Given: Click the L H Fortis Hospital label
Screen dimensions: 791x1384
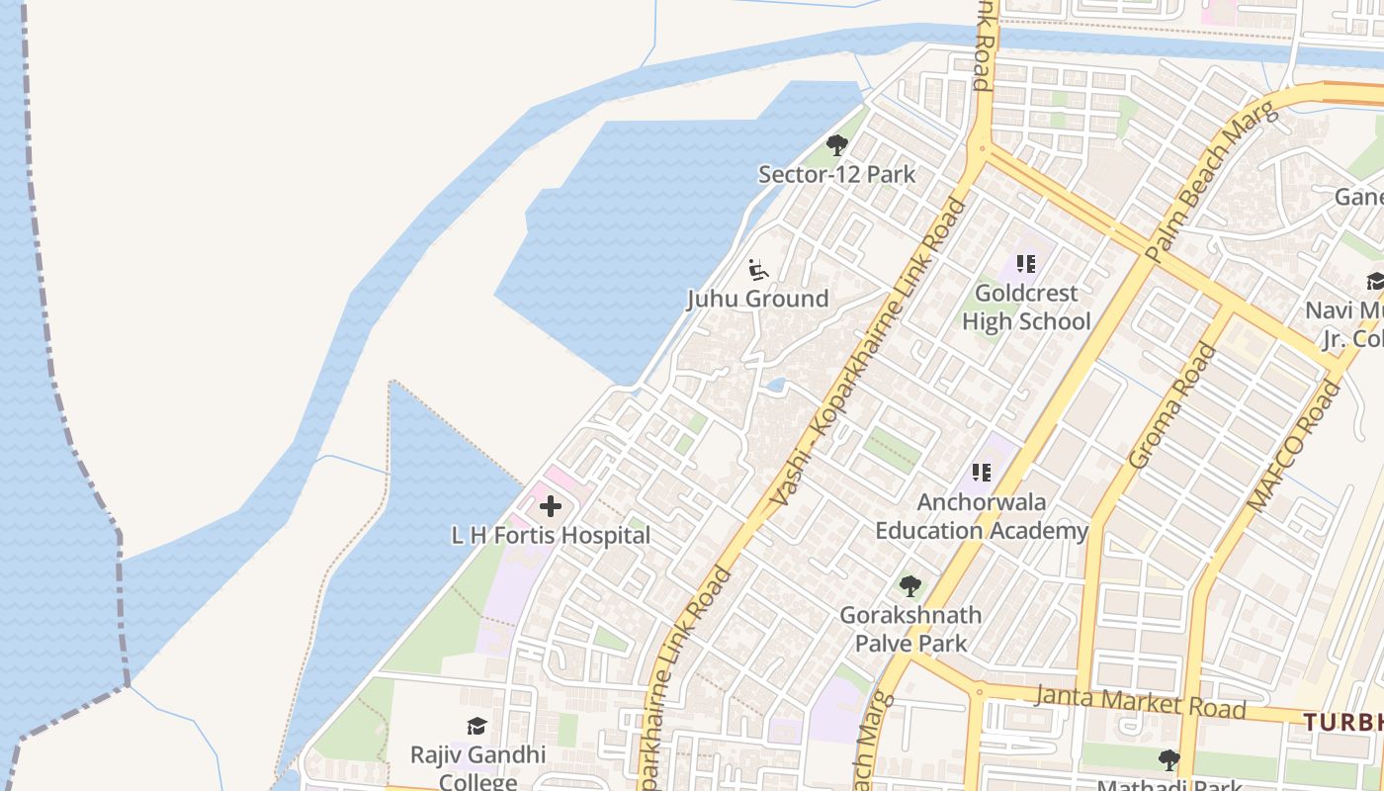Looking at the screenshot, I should coord(551,536).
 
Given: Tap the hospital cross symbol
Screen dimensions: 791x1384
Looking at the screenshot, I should coord(551,507).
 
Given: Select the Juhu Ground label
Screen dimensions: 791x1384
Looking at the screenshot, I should coord(757,299).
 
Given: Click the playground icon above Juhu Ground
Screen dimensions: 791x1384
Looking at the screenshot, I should coord(758,269).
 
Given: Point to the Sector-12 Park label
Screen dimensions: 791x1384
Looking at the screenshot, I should coord(836,175).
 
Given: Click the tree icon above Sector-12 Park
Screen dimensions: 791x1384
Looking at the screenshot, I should coord(837,146).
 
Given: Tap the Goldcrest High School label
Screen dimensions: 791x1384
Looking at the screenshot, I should coord(1026,308).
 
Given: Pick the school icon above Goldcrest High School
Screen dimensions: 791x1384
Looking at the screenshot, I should coord(1026,264).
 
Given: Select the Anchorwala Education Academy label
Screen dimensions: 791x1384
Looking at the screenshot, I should coord(982,516).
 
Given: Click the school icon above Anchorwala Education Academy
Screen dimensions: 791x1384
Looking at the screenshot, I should coord(981,473).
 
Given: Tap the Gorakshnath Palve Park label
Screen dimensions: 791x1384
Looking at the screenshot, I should coord(910,629).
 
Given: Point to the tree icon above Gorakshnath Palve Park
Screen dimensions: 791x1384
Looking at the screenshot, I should coord(910,586).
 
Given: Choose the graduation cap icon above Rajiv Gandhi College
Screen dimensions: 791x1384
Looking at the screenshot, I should coord(477,727).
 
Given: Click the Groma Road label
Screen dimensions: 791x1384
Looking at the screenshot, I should coord(1173,404).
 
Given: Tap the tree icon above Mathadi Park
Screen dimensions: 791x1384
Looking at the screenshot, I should coord(1169,760).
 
